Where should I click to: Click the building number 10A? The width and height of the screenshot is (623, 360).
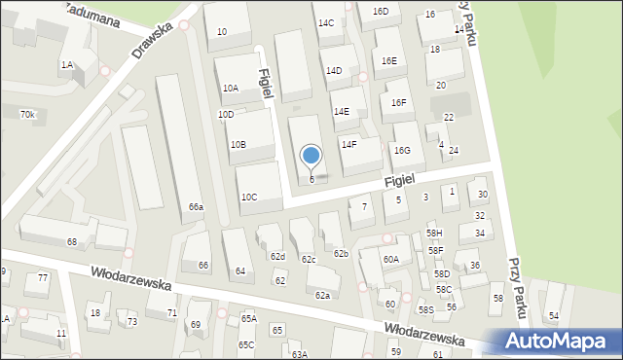[230, 89]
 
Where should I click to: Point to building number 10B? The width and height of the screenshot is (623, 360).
[238, 145]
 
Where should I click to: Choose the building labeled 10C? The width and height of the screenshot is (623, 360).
[249, 198]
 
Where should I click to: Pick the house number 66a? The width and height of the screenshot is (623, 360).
[197, 207]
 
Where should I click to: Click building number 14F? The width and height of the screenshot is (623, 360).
[348, 145]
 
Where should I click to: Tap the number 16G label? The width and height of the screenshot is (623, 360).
[402, 150]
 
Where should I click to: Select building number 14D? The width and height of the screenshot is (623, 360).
[334, 71]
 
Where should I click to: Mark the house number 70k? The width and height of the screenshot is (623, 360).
[27, 115]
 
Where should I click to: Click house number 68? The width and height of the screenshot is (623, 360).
[71, 241]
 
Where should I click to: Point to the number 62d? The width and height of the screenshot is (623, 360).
[278, 257]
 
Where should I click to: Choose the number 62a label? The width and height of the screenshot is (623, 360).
[322, 295]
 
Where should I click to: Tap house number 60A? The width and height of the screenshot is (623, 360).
[390, 260]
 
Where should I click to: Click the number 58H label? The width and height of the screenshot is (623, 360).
[434, 234]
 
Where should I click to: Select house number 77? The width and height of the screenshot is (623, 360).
[43, 278]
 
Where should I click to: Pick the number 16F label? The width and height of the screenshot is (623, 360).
[398, 103]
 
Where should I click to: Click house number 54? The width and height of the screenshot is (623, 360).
[554, 316]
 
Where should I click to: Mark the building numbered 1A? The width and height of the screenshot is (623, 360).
[66, 65]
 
